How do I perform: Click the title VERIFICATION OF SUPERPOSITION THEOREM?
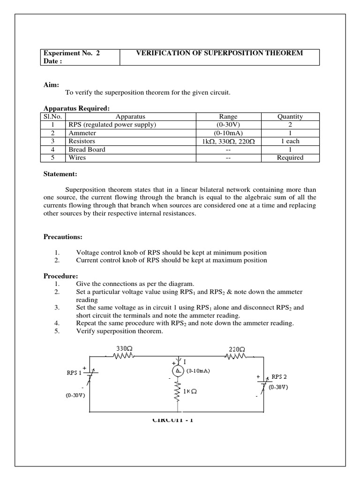click(219, 53)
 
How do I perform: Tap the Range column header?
click(228, 117)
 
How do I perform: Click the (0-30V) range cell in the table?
click(228, 125)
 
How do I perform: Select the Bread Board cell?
click(87, 150)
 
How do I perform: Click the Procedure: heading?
click(61, 276)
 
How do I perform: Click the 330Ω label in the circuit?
click(123, 348)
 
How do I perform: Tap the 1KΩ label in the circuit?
click(190, 391)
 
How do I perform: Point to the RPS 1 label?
click(74, 374)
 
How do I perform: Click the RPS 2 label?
click(279, 376)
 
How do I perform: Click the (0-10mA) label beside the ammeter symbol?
click(198, 370)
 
